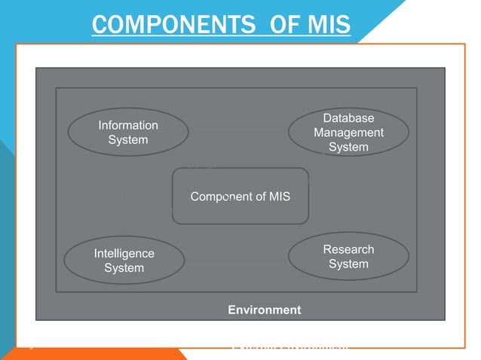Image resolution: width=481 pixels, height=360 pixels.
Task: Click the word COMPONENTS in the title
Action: [x=172, y=25]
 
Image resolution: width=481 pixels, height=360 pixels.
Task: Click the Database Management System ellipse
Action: [x=348, y=133]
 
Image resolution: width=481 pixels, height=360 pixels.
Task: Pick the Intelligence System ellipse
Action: [x=124, y=261]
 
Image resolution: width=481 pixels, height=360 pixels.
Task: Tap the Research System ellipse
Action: [x=348, y=256]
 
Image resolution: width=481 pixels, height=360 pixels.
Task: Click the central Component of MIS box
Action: [x=240, y=197]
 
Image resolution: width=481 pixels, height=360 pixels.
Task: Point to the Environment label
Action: [x=264, y=310]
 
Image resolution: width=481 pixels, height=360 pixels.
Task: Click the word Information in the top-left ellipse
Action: [x=127, y=125]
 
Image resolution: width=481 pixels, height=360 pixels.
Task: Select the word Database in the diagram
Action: [x=348, y=118]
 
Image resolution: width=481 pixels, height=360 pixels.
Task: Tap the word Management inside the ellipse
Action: [x=348, y=133]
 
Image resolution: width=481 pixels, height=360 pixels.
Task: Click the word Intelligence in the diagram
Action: [x=124, y=254]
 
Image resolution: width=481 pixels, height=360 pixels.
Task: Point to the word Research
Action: [x=348, y=249]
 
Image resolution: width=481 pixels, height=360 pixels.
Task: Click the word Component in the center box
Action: [x=222, y=197]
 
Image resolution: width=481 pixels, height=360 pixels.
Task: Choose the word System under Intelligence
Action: [x=124, y=268]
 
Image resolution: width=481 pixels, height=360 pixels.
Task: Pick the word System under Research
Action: [x=348, y=264]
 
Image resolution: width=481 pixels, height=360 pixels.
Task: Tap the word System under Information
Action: [x=127, y=140]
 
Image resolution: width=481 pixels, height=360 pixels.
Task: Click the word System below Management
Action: [x=348, y=147]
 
